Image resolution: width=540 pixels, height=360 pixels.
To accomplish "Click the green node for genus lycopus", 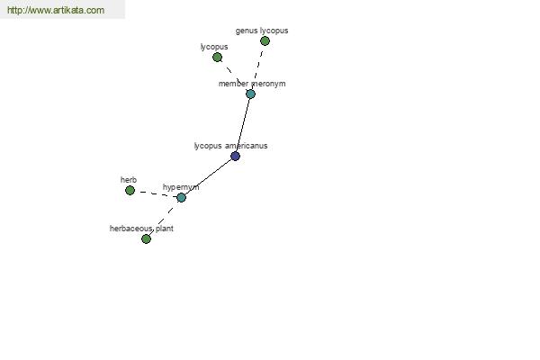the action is [265, 41].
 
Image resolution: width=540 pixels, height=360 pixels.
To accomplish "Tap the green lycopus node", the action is [217, 58].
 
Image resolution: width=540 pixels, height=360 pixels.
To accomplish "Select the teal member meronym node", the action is [250, 94].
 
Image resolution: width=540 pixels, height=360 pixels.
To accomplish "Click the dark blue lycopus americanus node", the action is [235, 156].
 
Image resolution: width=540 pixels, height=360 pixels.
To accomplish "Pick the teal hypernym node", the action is [181, 197].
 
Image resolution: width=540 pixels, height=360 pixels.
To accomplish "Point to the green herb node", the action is [130, 190].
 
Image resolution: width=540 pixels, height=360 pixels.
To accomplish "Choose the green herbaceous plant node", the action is [146, 238].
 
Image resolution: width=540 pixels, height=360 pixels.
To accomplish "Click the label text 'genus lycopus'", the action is [262, 31].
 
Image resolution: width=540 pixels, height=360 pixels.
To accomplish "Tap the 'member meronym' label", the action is [252, 84].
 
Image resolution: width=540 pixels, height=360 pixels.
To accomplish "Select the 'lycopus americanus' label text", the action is [230, 146].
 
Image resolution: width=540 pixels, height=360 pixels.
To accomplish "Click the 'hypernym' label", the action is [181, 187].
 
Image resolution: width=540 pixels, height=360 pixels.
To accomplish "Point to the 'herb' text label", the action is [129, 180].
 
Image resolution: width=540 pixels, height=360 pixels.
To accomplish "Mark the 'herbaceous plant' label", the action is [141, 229].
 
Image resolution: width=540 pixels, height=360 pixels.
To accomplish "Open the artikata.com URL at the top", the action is [56, 10].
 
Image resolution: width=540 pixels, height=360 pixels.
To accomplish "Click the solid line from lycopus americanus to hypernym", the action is [208, 176].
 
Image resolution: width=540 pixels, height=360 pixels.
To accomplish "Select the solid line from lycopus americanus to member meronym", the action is [243, 125].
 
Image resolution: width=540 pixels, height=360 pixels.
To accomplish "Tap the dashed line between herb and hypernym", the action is [156, 193].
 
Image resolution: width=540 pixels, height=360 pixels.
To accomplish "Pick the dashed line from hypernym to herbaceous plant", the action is [164, 218].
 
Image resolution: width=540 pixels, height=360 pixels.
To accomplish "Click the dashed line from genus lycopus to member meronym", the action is [257, 67].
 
